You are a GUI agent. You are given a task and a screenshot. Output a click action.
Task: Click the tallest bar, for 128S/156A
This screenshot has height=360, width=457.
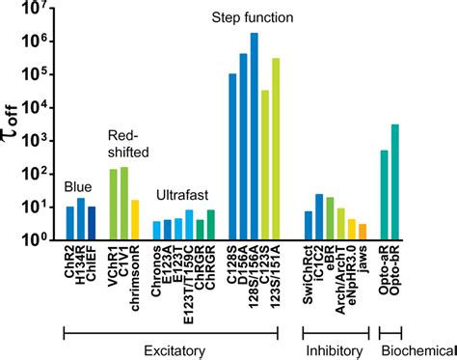[254, 136]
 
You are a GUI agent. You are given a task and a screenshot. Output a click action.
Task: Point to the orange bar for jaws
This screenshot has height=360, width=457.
[363, 232]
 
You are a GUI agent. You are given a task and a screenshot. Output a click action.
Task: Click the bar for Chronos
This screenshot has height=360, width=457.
[157, 230]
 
